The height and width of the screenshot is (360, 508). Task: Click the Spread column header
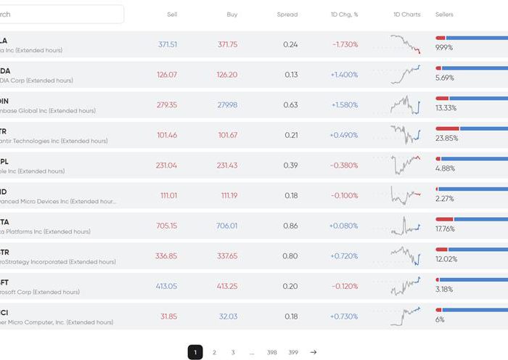pos(287,15)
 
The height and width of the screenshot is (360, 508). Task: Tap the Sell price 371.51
pos(167,44)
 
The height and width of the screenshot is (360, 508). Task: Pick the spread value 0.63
pos(290,105)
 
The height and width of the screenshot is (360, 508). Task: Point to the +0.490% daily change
pos(343,135)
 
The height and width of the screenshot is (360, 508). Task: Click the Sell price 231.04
pos(166,165)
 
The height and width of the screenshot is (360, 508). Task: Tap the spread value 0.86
pos(290,226)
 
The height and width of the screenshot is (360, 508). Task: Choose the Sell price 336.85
pos(166,255)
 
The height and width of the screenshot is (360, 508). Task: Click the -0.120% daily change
pos(343,286)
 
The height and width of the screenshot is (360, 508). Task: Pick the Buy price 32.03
pos(228,316)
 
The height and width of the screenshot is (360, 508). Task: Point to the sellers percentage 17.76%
pos(445,229)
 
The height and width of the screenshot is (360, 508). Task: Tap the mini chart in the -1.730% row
pos(405,44)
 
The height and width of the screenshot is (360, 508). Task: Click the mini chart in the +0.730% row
pos(405,316)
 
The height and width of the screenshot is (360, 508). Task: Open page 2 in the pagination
pos(214,352)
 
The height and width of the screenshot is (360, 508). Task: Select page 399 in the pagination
pos(292,352)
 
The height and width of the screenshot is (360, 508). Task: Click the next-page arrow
pos(314,352)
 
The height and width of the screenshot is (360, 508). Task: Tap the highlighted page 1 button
pos(194,352)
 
